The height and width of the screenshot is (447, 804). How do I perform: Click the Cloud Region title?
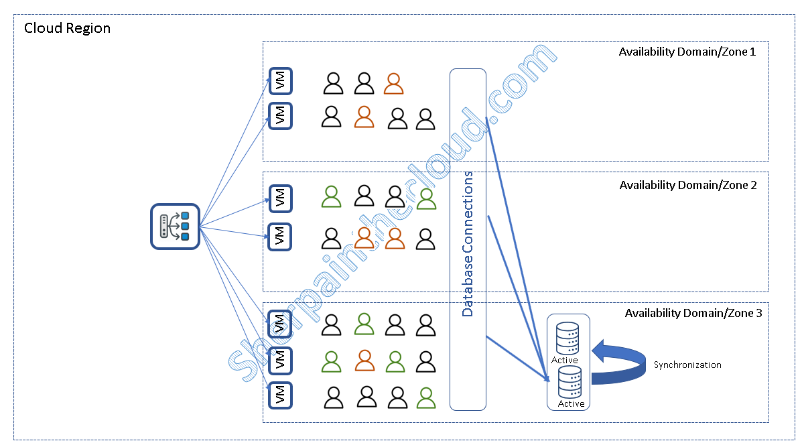pyautogui.click(x=67, y=28)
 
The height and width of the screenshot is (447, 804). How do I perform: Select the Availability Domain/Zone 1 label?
pyautogui.click(x=687, y=52)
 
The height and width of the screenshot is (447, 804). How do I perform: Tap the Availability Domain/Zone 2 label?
pyautogui.click(x=688, y=185)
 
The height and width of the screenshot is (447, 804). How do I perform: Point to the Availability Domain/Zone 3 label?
pyautogui.click(x=693, y=312)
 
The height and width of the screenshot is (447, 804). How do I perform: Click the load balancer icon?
pyautogui.click(x=175, y=227)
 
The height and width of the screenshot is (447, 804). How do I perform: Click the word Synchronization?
pyautogui.click(x=687, y=365)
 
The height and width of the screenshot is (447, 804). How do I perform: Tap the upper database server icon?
pyautogui.click(x=567, y=338)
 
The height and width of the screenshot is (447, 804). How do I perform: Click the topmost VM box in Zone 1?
pyautogui.click(x=280, y=81)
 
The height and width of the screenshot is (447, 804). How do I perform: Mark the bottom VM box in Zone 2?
pyautogui.click(x=280, y=236)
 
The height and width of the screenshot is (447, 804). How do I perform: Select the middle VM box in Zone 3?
pyautogui.click(x=280, y=360)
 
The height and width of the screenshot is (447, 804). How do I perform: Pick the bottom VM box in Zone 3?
pyautogui.click(x=280, y=395)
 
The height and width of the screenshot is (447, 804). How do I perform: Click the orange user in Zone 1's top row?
pyautogui.click(x=394, y=83)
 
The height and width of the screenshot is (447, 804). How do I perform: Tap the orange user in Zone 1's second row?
pyautogui.click(x=364, y=117)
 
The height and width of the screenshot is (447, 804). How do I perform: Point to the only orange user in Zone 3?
pyautogui.click(x=364, y=361)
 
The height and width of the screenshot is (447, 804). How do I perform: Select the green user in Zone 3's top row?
pyautogui.click(x=364, y=324)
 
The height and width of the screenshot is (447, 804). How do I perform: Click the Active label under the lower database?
pyautogui.click(x=571, y=404)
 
